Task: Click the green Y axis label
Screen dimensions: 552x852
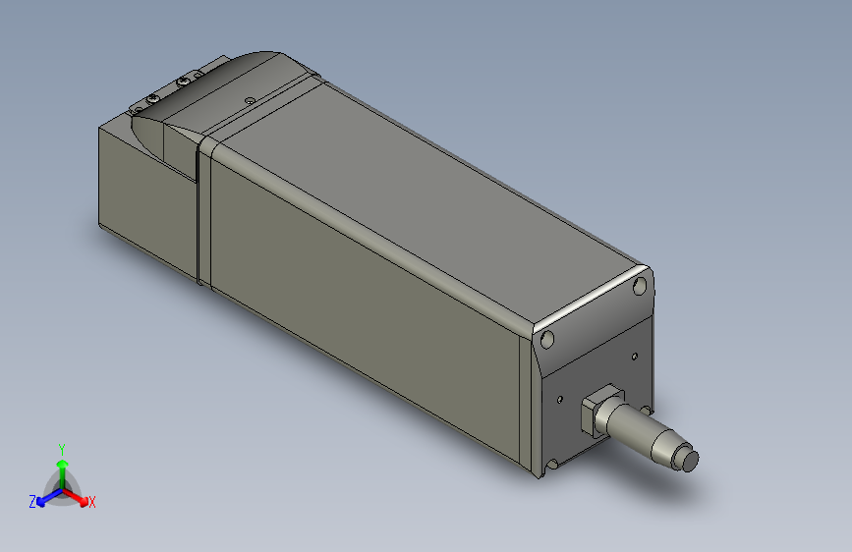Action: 62,447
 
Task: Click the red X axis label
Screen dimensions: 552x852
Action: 92,502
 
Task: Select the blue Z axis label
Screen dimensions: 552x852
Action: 32,501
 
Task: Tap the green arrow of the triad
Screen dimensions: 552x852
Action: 62,466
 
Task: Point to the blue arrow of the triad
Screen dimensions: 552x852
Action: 45,496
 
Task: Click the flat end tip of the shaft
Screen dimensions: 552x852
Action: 691,460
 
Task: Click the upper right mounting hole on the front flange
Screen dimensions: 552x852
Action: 640,287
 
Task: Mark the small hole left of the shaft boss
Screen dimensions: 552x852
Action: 559,400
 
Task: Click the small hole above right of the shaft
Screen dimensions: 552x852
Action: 634,355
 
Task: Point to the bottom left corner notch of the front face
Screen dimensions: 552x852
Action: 553,464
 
